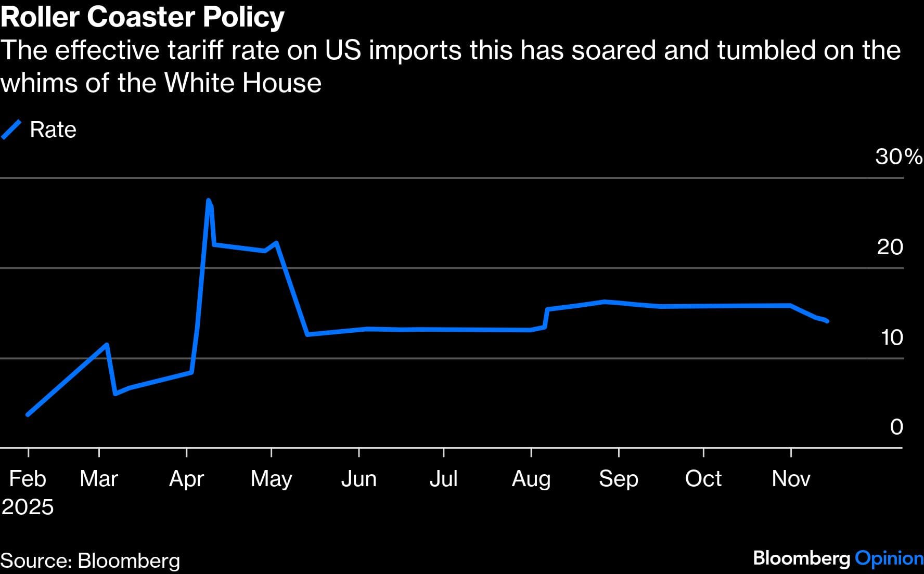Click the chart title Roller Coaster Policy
pyautogui.click(x=143, y=17)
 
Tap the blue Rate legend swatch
pyautogui.click(x=11, y=129)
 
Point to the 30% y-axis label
pyautogui.click(x=899, y=156)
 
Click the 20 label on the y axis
pyautogui.click(x=890, y=247)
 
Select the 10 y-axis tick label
pyautogui.click(x=892, y=337)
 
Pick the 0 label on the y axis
pyautogui.click(x=896, y=427)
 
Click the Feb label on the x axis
pyautogui.click(x=28, y=478)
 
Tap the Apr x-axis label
pyautogui.click(x=186, y=478)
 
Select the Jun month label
pyautogui.click(x=358, y=478)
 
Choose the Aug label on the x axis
pyautogui.click(x=531, y=478)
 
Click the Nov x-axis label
pyautogui.click(x=791, y=478)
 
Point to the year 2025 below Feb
pyautogui.click(x=28, y=507)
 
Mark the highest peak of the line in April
pyautogui.click(x=209, y=201)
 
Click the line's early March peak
pyautogui.click(x=107, y=344)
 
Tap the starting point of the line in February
pyautogui.click(x=28, y=414)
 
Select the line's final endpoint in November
pyautogui.click(x=827, y=321)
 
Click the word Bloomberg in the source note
pyautogui.click(x=129, y=560)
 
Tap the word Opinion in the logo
pyautogui.click(x=889, y=558)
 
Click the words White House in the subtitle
pyautogui.click(x=242, y=83)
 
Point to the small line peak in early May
pyautogui.click(x=276, y=243)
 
